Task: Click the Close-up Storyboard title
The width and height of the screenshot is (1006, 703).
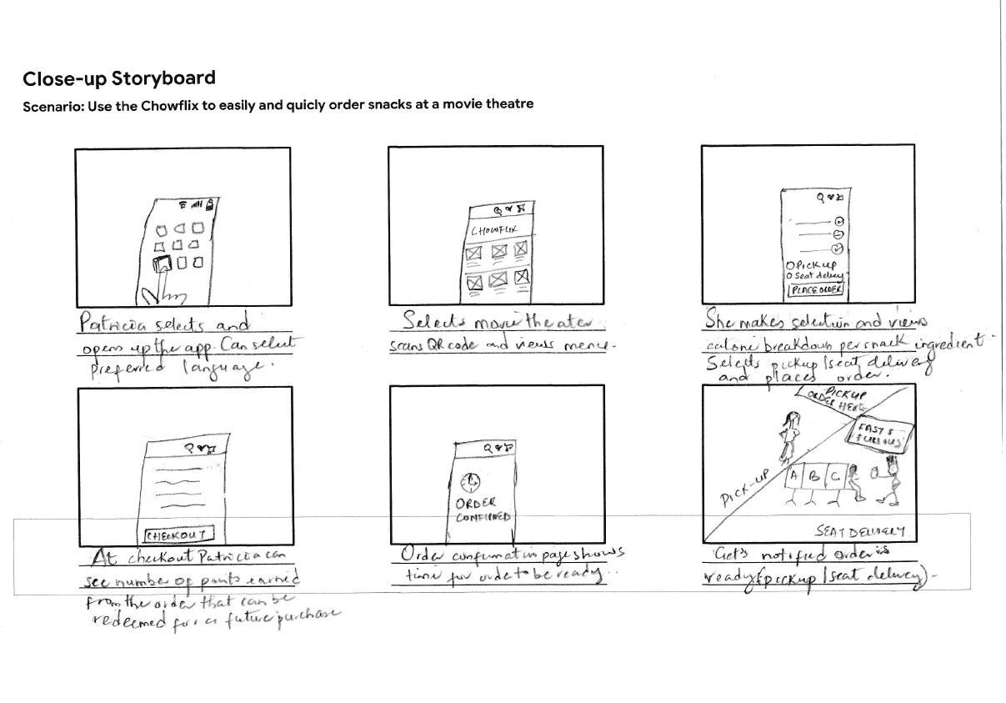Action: coord(119,78)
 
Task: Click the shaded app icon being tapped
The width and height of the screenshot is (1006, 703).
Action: coord(161,264)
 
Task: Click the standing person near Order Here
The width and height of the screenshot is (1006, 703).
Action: coord(786,436)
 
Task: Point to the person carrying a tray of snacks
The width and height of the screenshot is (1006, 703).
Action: coord(892,480)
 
